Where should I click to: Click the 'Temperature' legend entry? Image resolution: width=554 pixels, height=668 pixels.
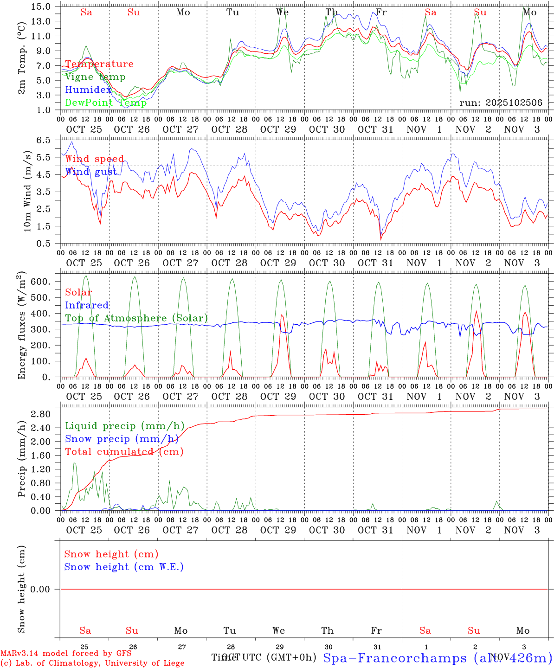click(99, 64)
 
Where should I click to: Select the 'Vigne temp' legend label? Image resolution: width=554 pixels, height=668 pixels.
click(95, 77)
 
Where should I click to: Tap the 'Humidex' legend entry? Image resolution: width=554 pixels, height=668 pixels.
click(88, 90)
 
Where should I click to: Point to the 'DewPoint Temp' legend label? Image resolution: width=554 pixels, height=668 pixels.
click(106, 103)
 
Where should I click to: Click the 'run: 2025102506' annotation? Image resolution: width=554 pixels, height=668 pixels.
click(501, 103)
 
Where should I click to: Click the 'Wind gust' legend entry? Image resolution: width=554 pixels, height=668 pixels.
click(90, 172)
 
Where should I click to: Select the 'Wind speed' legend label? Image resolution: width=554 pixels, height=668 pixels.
click(94, 159)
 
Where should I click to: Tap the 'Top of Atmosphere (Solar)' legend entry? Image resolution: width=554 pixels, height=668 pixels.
click(136, 318)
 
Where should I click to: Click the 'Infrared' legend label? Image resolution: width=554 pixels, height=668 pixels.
click(87, 305)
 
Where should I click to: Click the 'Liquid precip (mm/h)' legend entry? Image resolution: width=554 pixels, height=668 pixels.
click(124, 426)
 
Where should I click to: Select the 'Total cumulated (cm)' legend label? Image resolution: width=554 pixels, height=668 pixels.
click(124, 451)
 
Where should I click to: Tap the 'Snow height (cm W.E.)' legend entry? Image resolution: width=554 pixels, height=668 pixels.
click(123, 567)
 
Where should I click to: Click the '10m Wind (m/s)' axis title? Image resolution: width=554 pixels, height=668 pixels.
click(27, 191)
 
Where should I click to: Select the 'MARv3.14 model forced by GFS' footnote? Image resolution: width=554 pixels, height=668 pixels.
click(65, 653)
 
